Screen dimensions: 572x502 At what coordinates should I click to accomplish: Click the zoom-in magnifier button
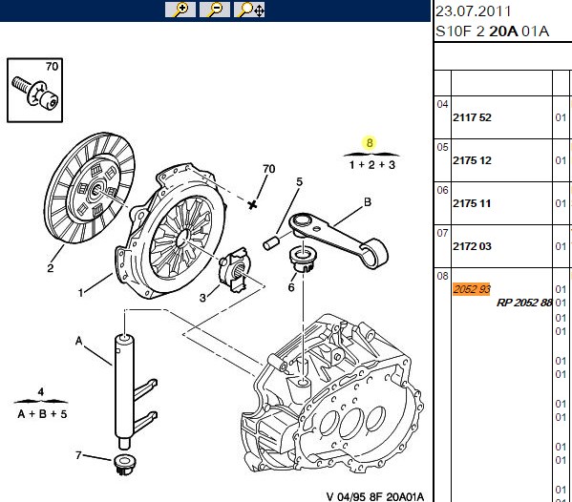pos(180,10)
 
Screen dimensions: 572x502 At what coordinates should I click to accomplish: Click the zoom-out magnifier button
pos(215,10)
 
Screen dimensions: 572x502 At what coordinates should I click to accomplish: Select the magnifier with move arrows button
pos(249,10)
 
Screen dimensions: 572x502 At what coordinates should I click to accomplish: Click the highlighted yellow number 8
pos(370,143)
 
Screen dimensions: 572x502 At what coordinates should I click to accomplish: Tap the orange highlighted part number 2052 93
pos(472,289)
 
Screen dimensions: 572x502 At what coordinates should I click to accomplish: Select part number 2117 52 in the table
pos(472,117)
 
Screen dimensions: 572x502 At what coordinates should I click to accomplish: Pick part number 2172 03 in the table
pos(472,246)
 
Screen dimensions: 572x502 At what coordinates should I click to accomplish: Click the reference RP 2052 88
pos(524,303)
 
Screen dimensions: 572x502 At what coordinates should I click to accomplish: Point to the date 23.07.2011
pos(473,11)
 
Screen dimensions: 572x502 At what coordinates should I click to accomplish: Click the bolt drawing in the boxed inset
pos(35,94)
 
